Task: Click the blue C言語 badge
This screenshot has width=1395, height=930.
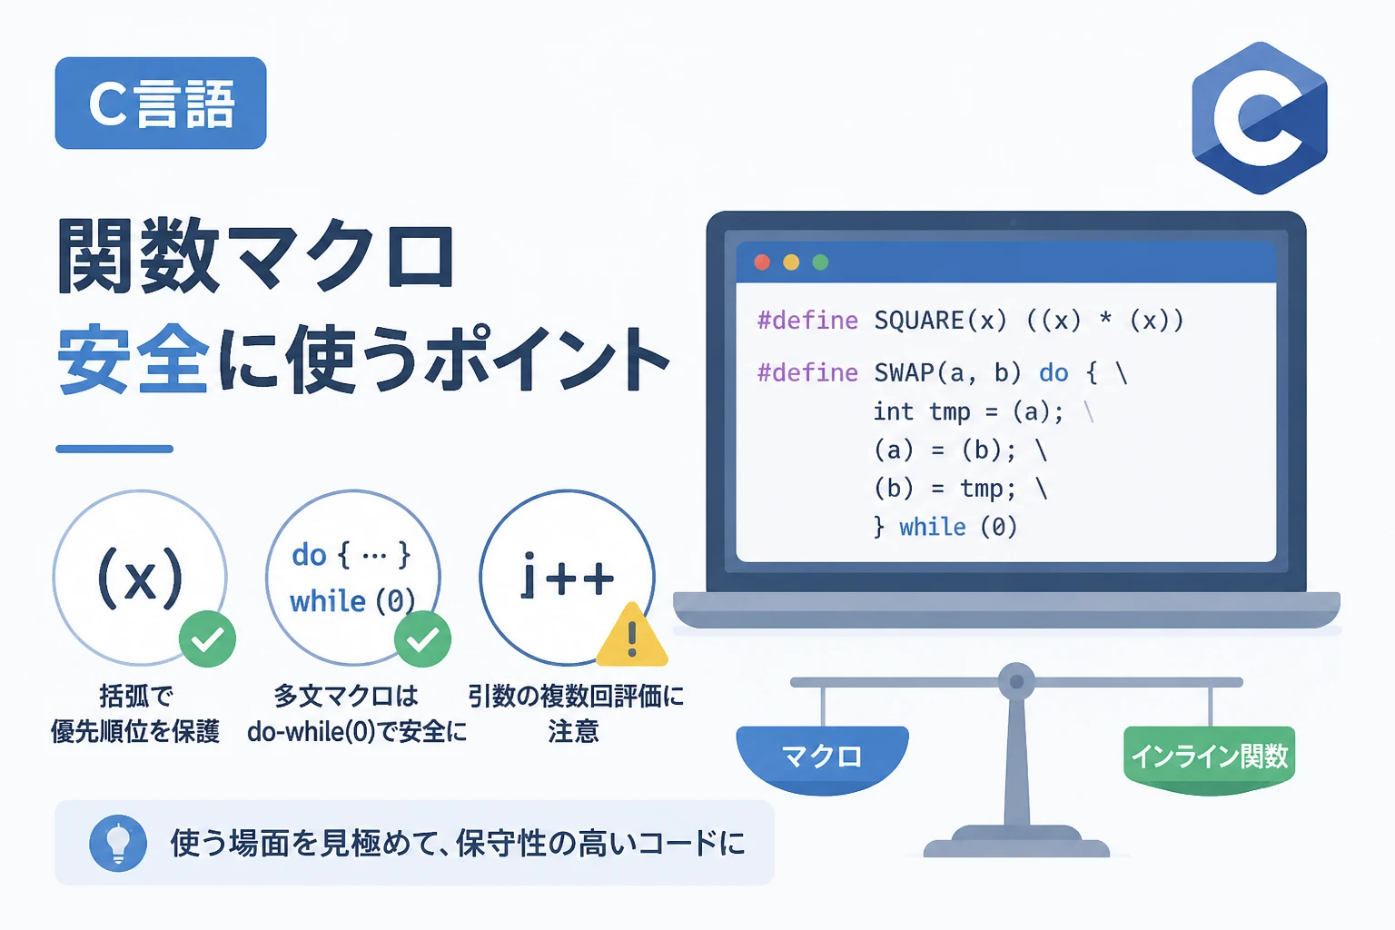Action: click(x=161, y=103)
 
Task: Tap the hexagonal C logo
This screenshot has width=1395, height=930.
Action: click(x=1260, y=118)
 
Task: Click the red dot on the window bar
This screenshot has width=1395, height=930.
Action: click(x=762, y=262)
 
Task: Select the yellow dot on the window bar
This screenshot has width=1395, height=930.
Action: click(x=791, y=262)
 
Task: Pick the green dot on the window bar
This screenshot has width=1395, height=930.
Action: click(x=820, y=262)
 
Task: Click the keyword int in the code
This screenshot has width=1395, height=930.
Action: click(x=893, y=411)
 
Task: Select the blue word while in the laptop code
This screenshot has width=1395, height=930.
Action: click(x=933, y=527)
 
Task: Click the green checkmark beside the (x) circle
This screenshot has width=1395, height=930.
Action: click(x=207, y=639)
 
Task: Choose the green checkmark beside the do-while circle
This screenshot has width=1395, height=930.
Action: click(x=423, y=639)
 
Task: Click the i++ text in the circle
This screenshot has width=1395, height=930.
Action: click(x=568, y=575)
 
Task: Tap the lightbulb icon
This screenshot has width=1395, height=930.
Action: click(x=118, y=843)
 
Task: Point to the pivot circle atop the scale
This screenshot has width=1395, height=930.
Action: click(x=1016, y=681)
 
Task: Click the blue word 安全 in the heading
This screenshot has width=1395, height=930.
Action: click(x=133, y=360)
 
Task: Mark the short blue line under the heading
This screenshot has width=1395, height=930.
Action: click(x=114, y=449)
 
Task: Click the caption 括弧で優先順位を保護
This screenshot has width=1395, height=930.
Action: click(x=135, y=713)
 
